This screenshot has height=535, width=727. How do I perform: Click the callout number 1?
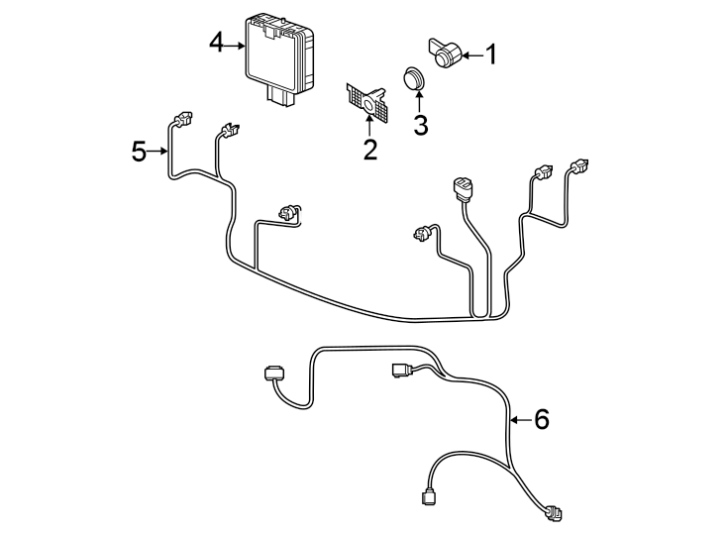click(490, 55)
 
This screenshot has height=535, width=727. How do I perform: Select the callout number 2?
click(369, 150)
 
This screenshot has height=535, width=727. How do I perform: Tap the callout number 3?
click(420, 126)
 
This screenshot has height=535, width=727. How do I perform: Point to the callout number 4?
click(217, 43)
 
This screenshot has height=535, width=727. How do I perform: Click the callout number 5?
click(140, 152)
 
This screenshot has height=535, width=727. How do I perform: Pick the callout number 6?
click(541, 419)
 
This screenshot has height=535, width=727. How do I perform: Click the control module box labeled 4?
click(279, 53)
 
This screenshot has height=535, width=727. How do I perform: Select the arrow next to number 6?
click(520, 420)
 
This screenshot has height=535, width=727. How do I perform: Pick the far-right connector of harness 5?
click(577, 166)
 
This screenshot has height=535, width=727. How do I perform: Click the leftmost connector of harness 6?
click(274, 374)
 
